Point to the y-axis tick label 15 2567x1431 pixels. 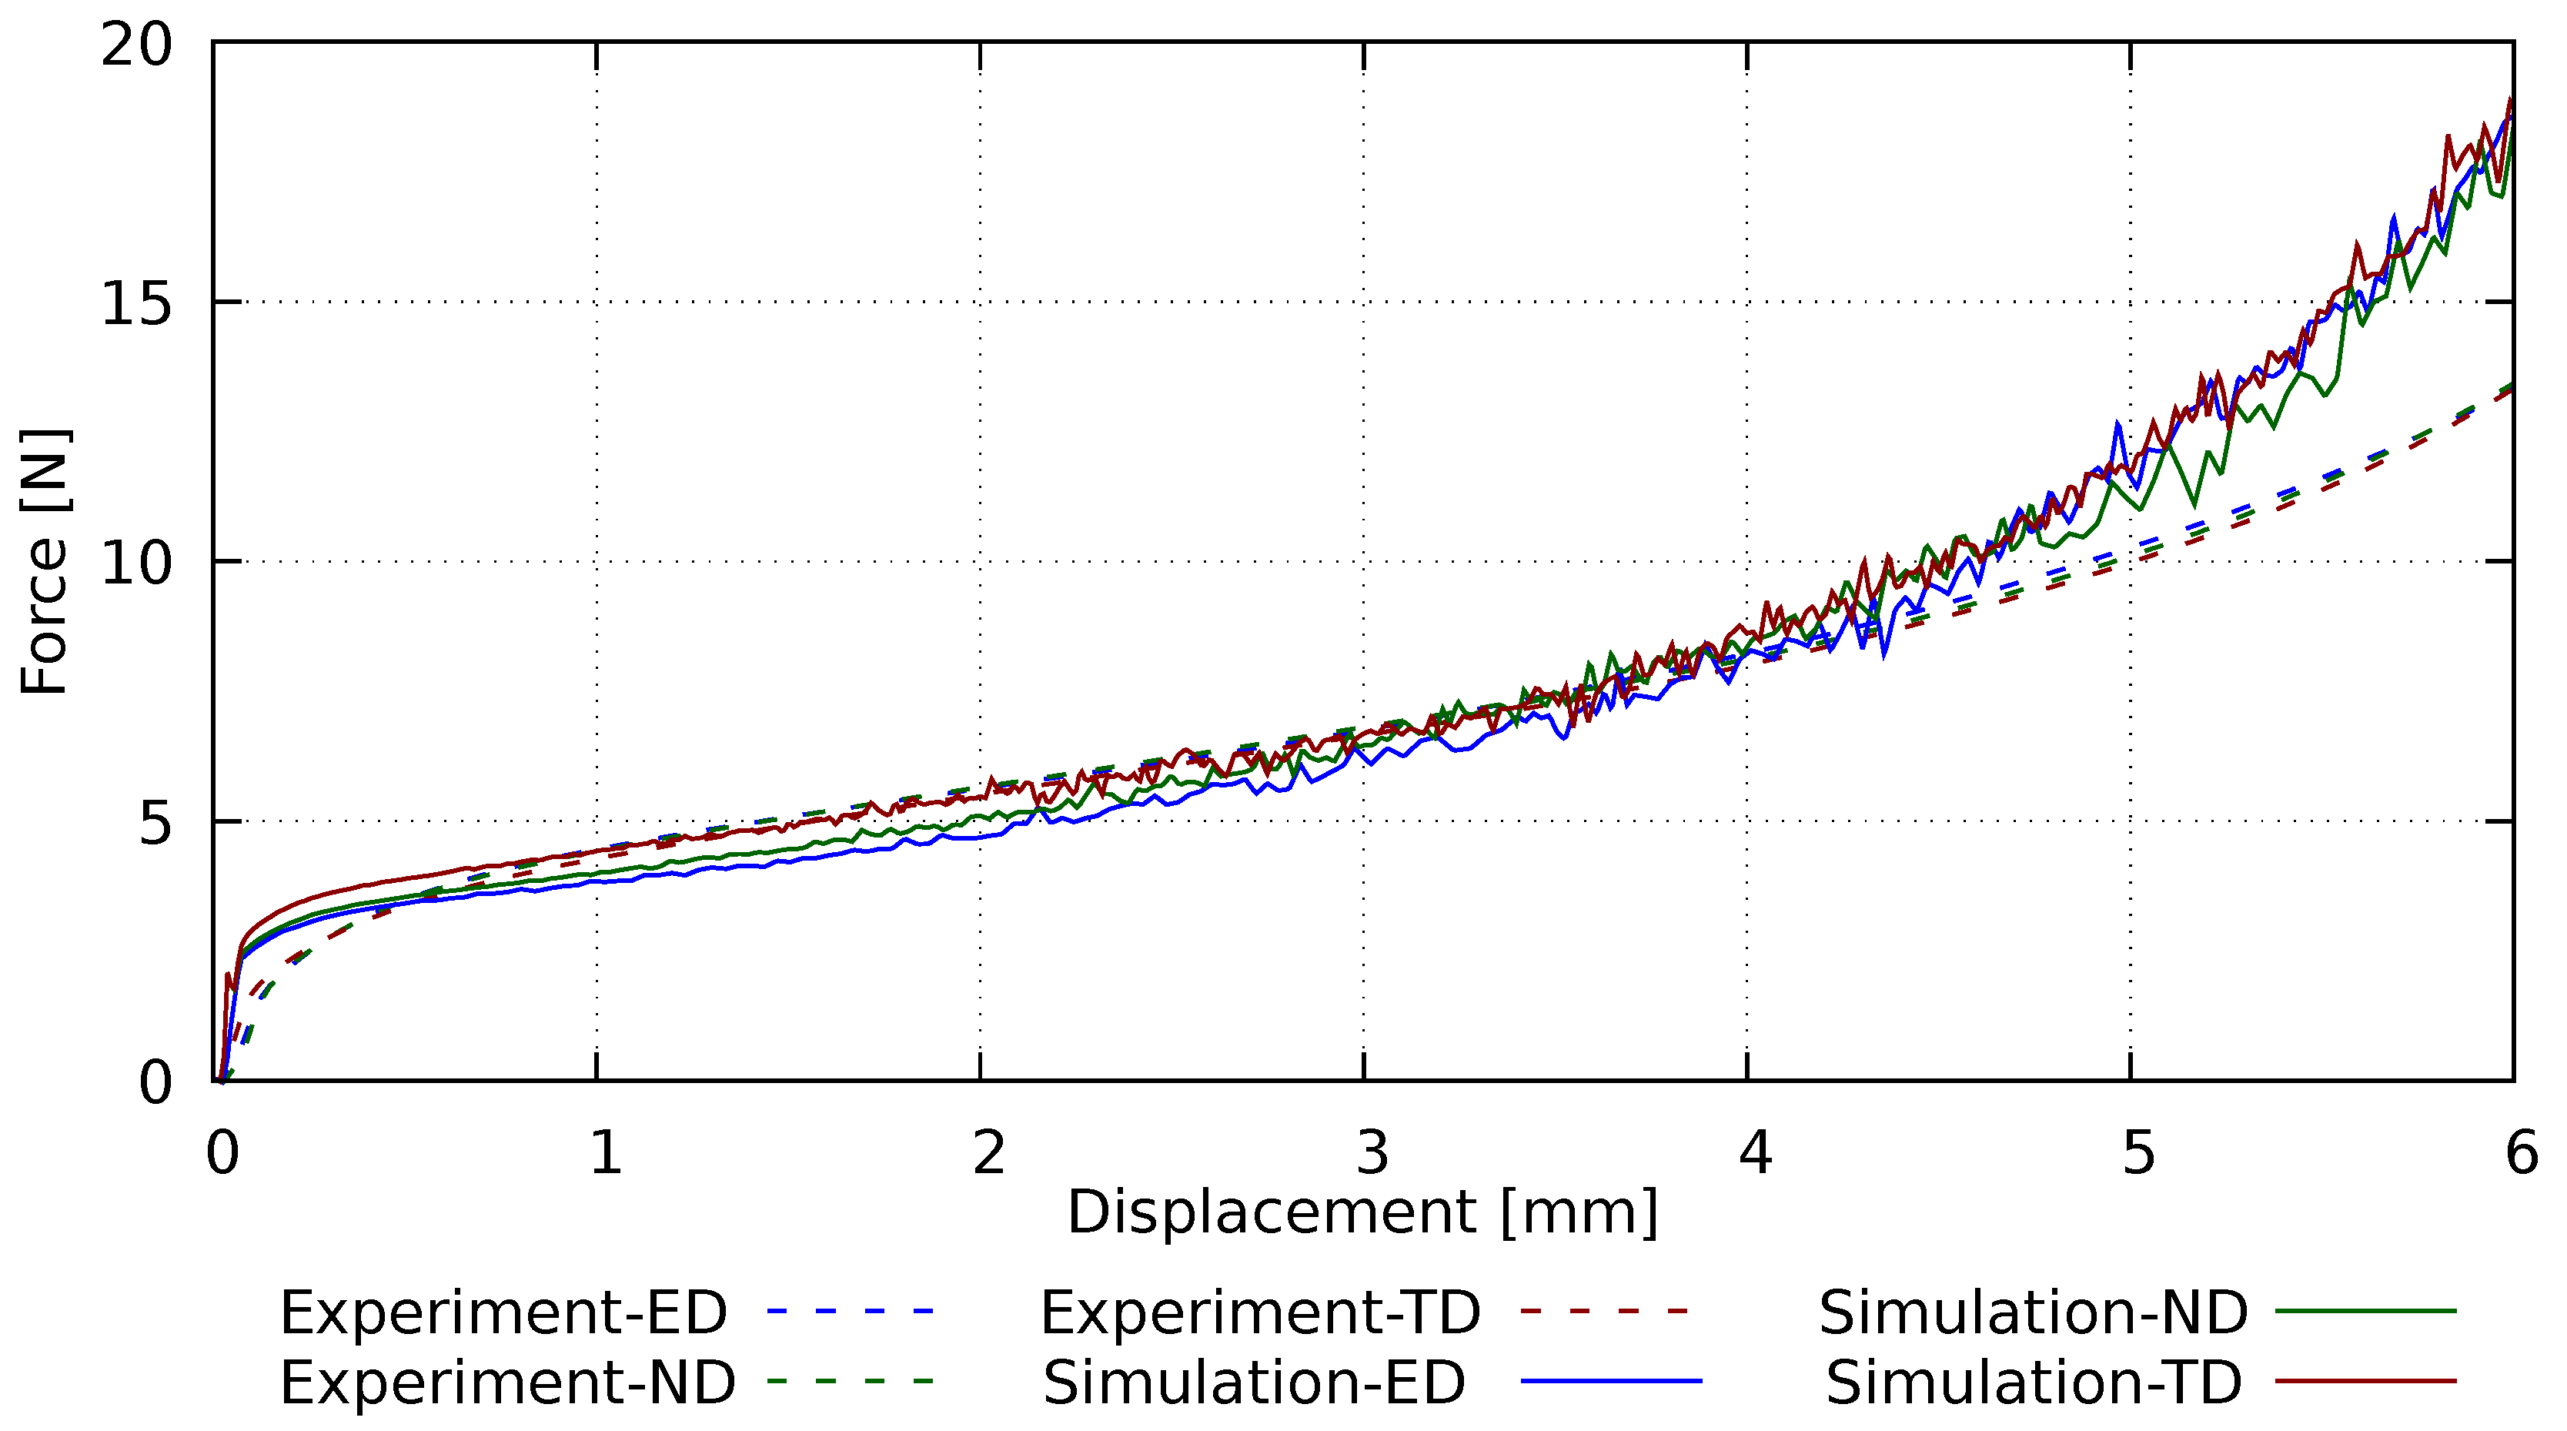click(x=138, y=303)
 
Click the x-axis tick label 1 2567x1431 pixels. click(x=605, y=1153)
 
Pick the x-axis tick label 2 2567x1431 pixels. click(x=988, y=1153)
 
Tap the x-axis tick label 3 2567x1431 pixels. click(x=1372, y=1153)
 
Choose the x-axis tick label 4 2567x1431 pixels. click(x=1755, y=1153)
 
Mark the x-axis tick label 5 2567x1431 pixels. click(x=2138, y=1153)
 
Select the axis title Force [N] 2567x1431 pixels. click(x=45, y=562)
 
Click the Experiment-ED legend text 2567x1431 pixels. click(x=503, y=1312)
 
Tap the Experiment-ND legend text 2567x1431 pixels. click(x=507, y=1383)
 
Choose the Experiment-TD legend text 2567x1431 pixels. click(x=1261, y=1312)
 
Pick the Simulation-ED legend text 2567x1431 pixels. click(x=1254, y=1383)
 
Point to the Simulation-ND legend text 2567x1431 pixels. click(x=2033, y=1312)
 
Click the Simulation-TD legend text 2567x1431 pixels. click(x=2033, y=1383)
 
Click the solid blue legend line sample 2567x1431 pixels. click(x=1611, y=1381)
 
